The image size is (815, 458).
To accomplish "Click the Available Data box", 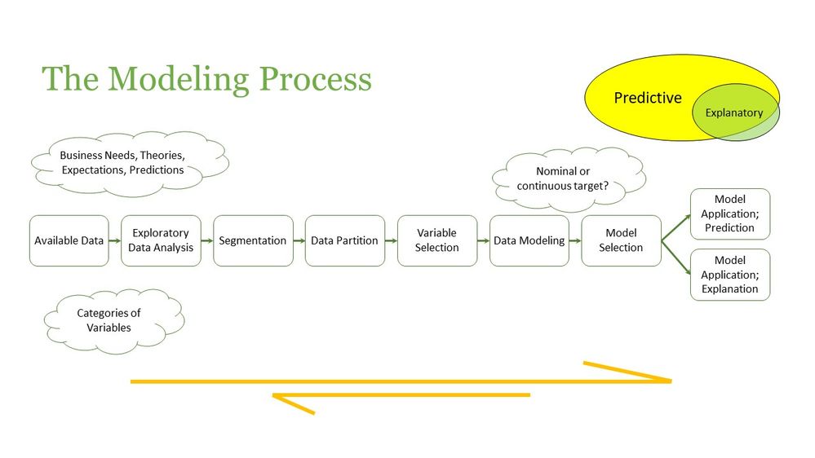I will click(69, 240).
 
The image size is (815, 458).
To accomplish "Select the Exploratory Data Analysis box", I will click(161, 240).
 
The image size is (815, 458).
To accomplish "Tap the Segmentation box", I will click(253, 240).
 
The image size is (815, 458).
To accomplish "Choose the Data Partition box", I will click(344, 240).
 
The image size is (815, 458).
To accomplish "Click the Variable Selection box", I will click(436, 240).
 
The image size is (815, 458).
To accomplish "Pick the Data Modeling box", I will click(529, 240).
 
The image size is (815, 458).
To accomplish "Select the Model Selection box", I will click(621, 240).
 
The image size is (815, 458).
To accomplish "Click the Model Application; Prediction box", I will click(729, 214).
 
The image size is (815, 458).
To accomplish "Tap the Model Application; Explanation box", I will click(729, 275).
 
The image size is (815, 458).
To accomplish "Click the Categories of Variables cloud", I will click(109, 320).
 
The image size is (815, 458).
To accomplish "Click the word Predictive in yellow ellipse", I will click(647, 98).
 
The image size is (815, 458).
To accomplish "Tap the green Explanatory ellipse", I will click(734, 113).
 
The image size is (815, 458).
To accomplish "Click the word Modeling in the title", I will click(179, 80).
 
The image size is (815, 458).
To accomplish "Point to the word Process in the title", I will click(315, 80).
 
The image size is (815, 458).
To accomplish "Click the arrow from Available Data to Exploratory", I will click(115, 240).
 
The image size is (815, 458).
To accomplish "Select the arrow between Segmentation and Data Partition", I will click(299, 240).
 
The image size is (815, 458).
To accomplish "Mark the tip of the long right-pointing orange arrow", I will click(669, 381).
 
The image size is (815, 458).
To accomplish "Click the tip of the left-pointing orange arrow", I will click(275, 396).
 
